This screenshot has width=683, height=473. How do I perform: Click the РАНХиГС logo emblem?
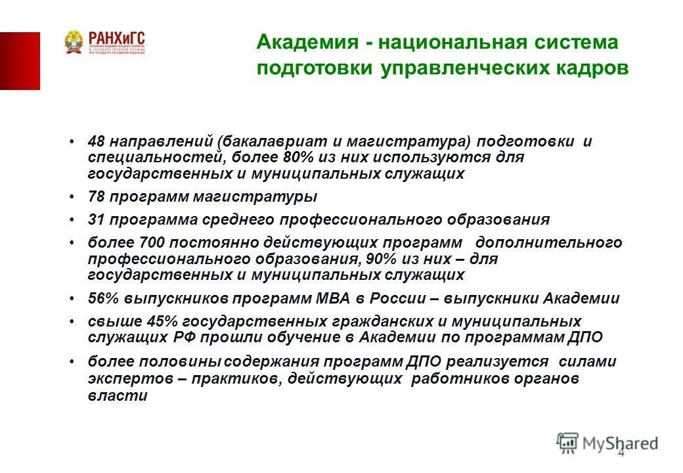click(x=74, y=43)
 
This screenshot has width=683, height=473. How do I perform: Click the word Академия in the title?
click(x=302, y=43)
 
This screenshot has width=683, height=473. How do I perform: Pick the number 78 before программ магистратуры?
click(x=97, y=196)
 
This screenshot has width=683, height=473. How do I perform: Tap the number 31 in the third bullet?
click(x=97, y=219)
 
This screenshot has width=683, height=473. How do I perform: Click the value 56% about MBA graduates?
click(x=102, y=298)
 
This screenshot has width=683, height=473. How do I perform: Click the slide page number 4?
click(x=621, y=455)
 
